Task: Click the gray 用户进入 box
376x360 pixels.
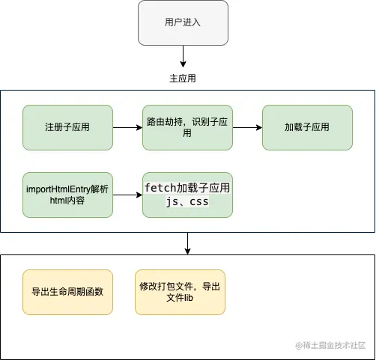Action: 183,22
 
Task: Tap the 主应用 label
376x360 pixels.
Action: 183,78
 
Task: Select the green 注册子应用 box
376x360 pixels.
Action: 67,127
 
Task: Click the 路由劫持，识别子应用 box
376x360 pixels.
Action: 187,127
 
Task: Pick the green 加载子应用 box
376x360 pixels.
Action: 306,127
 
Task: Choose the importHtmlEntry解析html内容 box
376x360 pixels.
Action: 67,195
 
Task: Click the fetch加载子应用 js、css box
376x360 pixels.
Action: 187,195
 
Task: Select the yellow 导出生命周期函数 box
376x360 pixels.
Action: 67,292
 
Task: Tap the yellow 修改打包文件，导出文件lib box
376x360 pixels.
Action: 180,292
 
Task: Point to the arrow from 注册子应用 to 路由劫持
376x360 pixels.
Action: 127,127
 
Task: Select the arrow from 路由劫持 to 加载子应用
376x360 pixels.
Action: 247,127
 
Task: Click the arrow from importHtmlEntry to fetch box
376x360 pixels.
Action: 127,195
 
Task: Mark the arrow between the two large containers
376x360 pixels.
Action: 187,243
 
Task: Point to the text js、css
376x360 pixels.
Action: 187,202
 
